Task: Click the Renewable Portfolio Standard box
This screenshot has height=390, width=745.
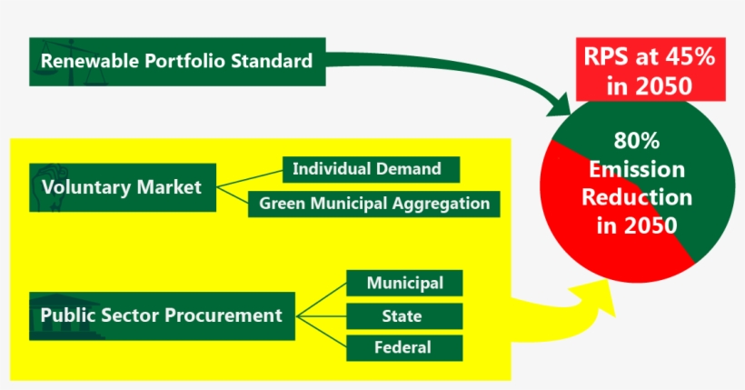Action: tap(177, 62)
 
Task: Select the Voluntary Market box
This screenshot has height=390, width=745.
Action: tap(123, 187)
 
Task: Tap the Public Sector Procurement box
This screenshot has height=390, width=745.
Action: tap(162, 315)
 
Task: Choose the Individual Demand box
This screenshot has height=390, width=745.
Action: tap(371, 169)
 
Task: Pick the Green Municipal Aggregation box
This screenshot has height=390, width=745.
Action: tap(374, 204)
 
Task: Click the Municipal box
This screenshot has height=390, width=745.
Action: tap(404, 283)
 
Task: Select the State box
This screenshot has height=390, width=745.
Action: tap(404, 316)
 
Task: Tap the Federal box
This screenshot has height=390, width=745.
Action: tap(404, 347)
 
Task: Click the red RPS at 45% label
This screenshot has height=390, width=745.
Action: tap(651, 69)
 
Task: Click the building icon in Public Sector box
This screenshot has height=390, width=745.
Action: tap(66, 315)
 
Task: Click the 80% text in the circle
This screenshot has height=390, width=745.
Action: tap(637, 141)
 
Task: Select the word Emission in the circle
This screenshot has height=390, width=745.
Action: tap(637, 169)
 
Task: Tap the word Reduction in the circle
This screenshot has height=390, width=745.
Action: tap(637, 197)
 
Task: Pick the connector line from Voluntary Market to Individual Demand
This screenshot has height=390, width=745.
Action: tap(250, 179)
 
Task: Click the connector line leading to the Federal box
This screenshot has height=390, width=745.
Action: tap(322, 332)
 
